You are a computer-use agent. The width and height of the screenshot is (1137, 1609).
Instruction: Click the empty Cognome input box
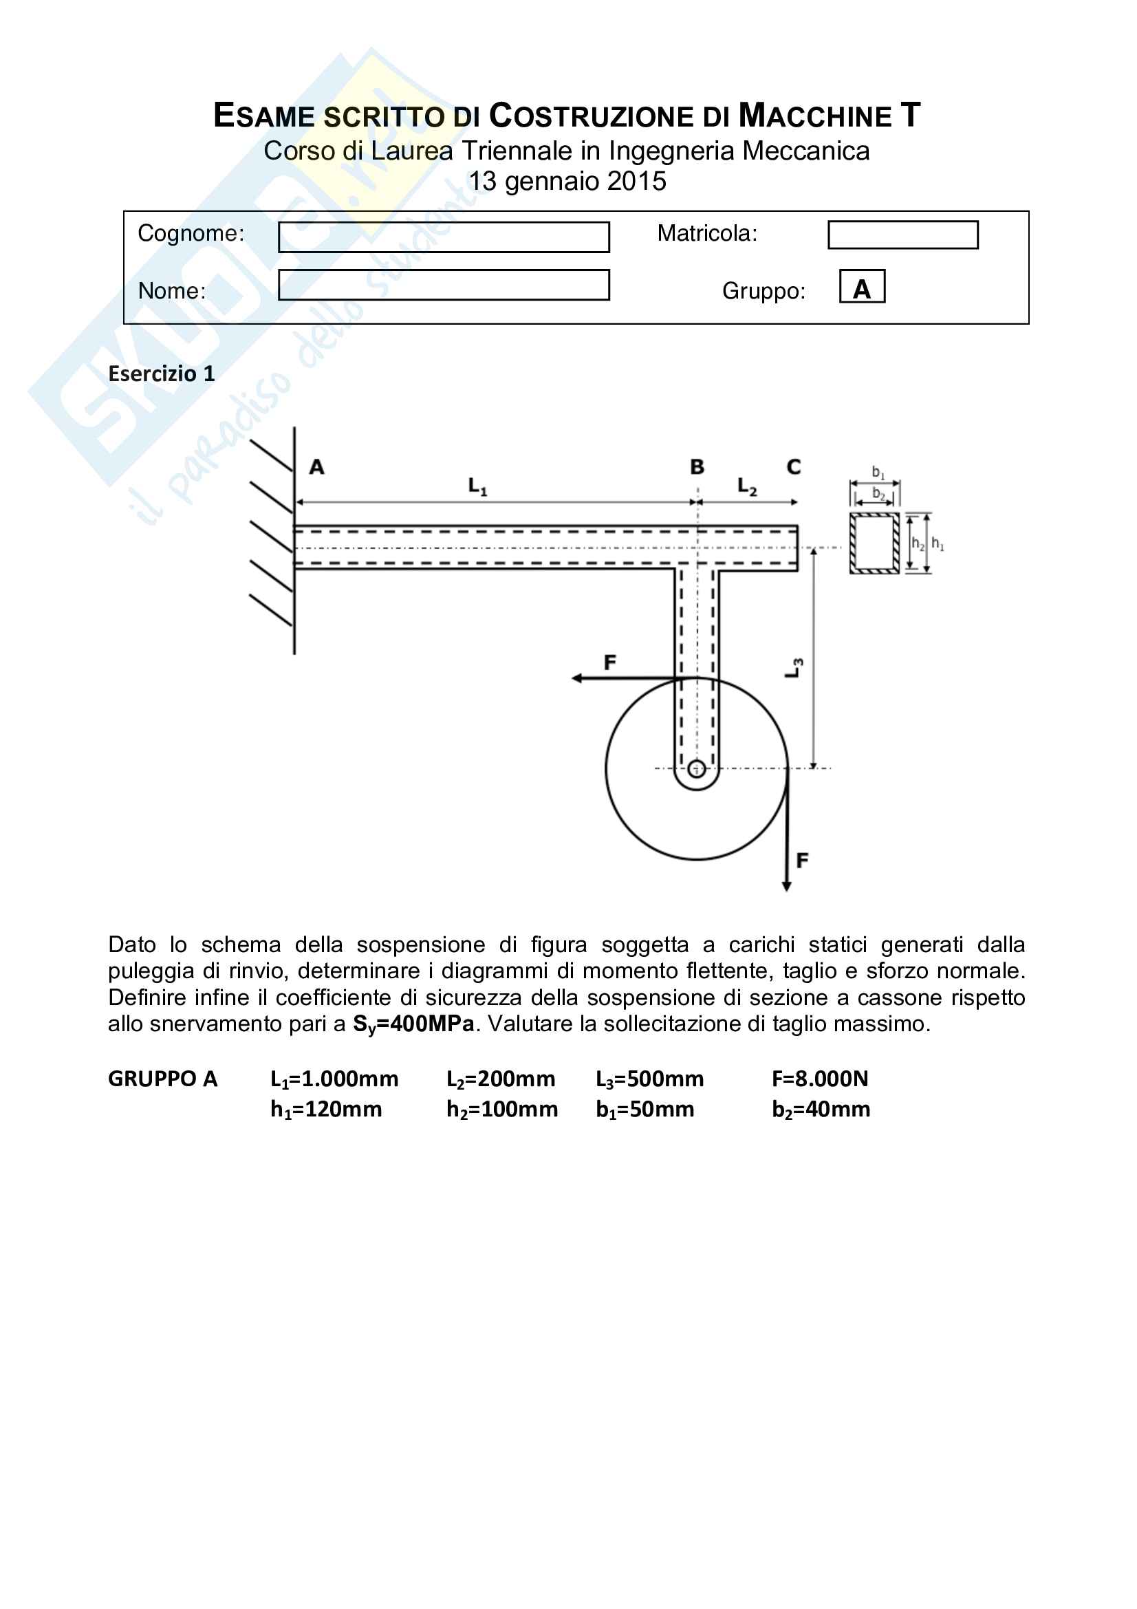click(444, 237)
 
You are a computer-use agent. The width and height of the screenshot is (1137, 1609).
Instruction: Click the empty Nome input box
click(444, 285)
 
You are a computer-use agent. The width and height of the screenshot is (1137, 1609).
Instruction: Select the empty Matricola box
click(902, 235)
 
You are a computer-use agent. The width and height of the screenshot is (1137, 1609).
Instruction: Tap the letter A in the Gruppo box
click(862, 288)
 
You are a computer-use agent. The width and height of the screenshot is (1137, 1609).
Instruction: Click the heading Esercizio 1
click(161, 374)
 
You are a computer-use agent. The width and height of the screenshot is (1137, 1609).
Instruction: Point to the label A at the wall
click(316, 466)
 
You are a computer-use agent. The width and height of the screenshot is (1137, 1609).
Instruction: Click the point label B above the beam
click(696, 466)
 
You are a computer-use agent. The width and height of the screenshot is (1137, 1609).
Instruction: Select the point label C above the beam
click(793, 466)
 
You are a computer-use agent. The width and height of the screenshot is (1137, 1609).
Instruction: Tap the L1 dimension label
click(477, 486)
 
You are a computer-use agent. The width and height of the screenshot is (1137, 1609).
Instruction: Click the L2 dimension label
click(747, 486)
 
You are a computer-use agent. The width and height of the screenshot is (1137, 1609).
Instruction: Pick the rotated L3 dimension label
click(793, 668)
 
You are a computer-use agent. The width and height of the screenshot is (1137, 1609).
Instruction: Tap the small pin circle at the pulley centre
click(696, 769)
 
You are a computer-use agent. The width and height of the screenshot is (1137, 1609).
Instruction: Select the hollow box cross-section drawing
click(874, 543)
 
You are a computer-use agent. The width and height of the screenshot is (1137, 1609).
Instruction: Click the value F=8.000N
click(820, 1079)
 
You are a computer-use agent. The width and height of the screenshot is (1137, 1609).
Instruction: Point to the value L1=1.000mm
click(334, 1079)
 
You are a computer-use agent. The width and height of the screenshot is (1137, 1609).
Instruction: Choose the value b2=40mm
click(821, 1110)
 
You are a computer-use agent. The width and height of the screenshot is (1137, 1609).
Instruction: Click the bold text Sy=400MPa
click(413, 1024)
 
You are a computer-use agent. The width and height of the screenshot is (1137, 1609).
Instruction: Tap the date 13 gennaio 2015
click(567, 182)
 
